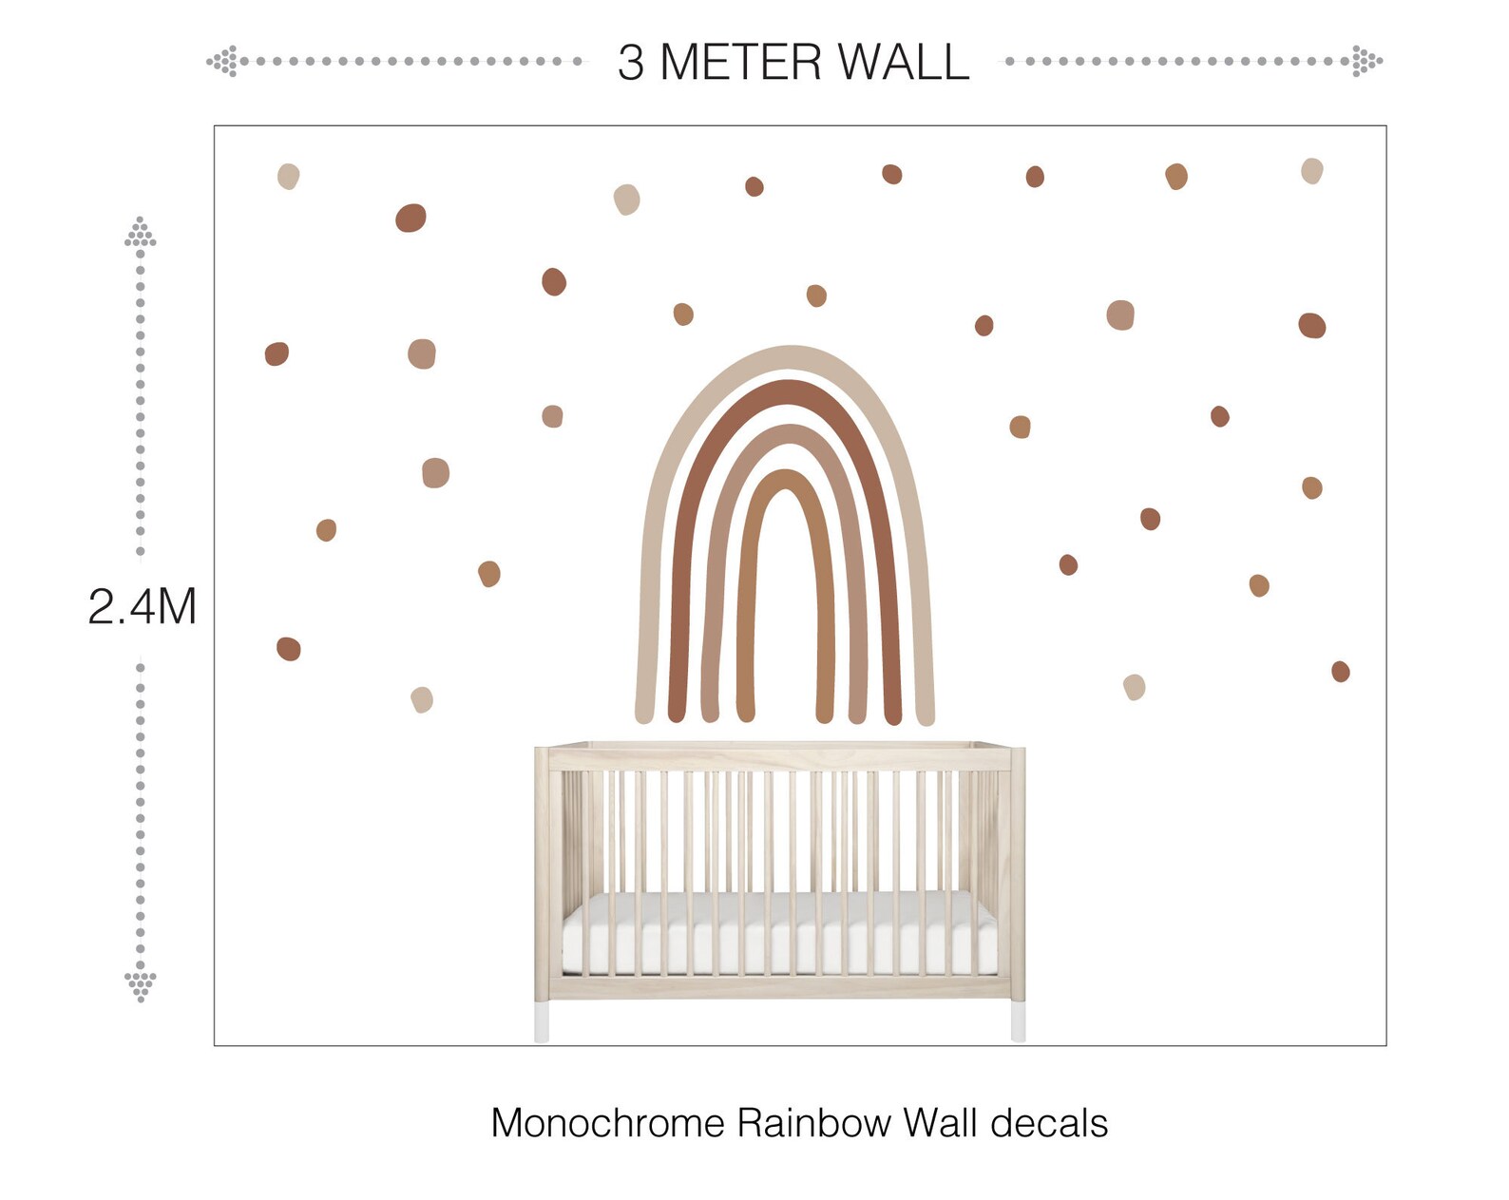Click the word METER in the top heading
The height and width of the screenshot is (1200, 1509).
(x=740, y=62)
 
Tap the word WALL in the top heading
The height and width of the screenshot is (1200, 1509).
(x=904, y=62)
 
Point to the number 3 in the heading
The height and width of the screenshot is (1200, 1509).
(x=630, y=63)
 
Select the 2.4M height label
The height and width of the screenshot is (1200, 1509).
(x=143, y=606)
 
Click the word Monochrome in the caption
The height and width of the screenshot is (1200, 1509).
(x=608, y=1123)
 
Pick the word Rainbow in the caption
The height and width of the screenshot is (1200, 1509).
(x=813, y=1123)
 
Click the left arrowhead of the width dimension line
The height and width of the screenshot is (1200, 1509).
(x=223, y=62)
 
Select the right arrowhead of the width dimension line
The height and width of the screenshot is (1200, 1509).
(x=1366, y=61)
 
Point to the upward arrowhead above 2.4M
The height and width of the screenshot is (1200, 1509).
(x=141, y=233)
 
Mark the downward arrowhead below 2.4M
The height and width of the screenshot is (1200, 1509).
(x=141, y=985)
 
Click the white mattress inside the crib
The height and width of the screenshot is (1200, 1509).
(x=779, y=933)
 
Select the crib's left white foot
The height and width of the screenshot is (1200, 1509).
(x=542, y=1022)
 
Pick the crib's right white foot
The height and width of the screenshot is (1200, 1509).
(x=1018, y=1022)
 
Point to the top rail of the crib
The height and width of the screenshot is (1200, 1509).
(x=780, y=758)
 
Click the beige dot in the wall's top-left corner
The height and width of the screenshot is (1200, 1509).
(x=288, y=176)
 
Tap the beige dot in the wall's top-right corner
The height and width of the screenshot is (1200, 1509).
(x=1312, y=171)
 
